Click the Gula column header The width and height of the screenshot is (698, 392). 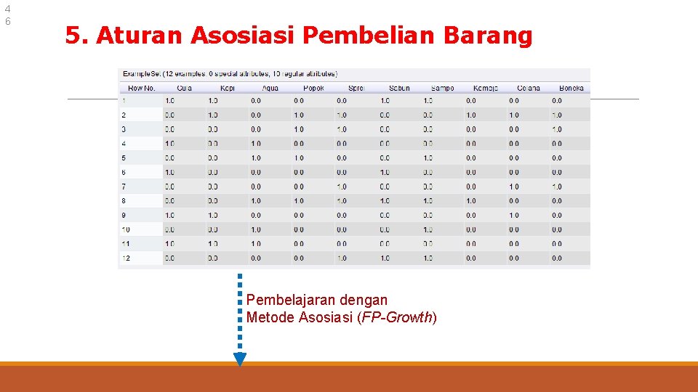(x=184, y=88)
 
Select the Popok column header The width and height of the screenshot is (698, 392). (x=313, y=88)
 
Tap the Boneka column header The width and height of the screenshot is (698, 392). (x=571, y=88)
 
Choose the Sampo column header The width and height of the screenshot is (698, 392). (x=442, y=88)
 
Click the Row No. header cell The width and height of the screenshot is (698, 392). (x=141, y=88)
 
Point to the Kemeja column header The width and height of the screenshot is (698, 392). (x=485, y=88)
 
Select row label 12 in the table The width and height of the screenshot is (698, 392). (x=126, y=258)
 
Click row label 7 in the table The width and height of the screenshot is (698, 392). (x=124, y=187)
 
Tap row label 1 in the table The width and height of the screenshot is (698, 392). (x=124, y=101)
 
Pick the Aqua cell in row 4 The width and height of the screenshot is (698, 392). (x=256, y=144)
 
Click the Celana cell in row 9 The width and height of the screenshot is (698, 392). (x=514, y=215)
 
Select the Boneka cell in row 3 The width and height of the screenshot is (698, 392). (x=557, y=129)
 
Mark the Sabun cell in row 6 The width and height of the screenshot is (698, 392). (x=385, y=172)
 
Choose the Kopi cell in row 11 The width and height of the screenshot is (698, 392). (x=213, y=244)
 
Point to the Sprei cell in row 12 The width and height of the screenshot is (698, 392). (x=342, y=258)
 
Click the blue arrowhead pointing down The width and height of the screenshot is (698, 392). (x=240, y=359)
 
